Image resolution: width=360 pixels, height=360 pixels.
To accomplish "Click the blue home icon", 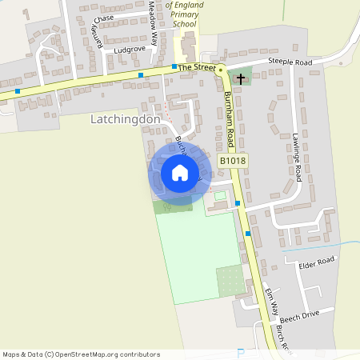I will click(x=180, y=173).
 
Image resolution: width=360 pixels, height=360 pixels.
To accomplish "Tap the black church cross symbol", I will click(x=241, y=78).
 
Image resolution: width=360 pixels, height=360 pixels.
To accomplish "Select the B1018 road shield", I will click(x=234, y=161).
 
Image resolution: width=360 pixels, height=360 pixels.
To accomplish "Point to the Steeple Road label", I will click(x=268, y=62).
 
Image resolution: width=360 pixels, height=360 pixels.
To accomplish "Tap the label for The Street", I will click(x=197, y=69).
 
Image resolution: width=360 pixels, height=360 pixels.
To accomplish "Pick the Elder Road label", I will click(x=315, y=262).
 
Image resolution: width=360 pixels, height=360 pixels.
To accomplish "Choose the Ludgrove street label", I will click(x=129, y=49).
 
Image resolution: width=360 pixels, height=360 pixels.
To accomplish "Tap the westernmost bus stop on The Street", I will click(x=17, y=91).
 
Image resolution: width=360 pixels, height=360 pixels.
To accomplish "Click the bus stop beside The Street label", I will click(x=174, y=67).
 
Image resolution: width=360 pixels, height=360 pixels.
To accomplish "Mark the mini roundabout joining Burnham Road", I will click(x=222, y=69).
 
